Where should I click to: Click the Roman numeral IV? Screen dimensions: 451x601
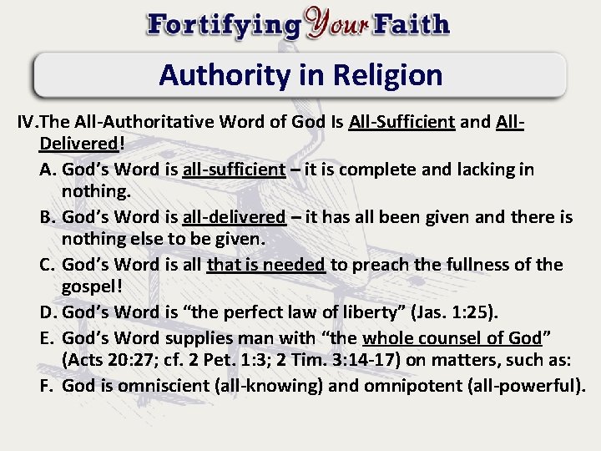pyautogui.click(x=28, y=123)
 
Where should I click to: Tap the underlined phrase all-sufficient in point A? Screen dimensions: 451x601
pyautogui.click(x=235, y=170)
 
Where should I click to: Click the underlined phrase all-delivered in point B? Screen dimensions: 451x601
pyautogui.click(x=234, y=217)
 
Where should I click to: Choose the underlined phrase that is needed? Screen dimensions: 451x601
pyautogui.click(x=266, y=265)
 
